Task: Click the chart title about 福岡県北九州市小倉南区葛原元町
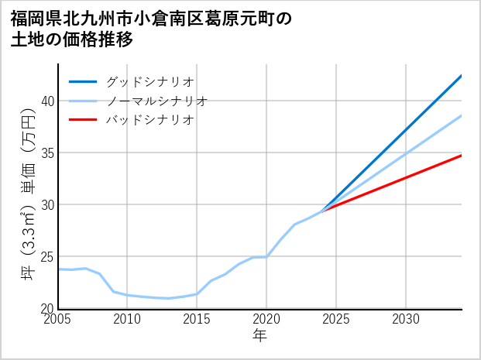[151, 29]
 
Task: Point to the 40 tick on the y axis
[47, 101]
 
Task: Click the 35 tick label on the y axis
[47, 153]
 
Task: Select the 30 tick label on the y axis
[47, 204]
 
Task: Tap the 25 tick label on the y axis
[47, 256]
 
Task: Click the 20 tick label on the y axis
[47, 308]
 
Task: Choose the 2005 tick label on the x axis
[58, 319]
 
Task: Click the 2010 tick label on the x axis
[128, 319]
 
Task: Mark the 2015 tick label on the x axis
[197, 319]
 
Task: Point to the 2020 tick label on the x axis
[266, 319]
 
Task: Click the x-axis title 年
[259, 335]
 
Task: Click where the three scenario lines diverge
[322, 211]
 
